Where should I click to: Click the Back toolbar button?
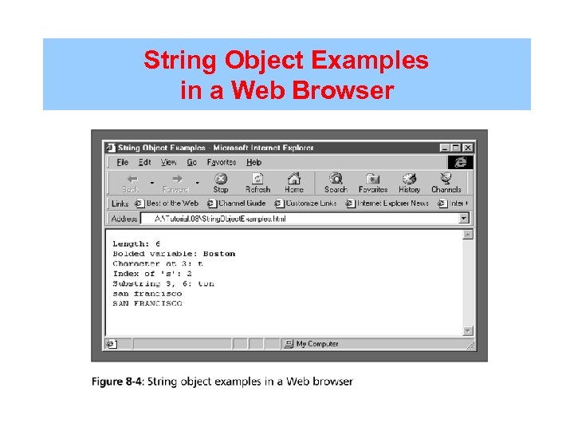click(x=131, y=183)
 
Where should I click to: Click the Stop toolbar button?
click(x=221, y=183)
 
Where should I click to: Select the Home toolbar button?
click(x=294, y=183)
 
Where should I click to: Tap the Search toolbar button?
click(x=336, y=183)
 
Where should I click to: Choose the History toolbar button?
click(x=409, y=183)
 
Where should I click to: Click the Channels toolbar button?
click(x=446, y=183)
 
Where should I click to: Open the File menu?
click(x=123, y=162)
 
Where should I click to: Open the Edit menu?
click(x=144, y=162)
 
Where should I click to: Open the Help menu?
click(x=254, y=162)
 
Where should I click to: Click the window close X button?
click(x=468, y=148)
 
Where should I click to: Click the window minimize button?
click(x=445, y=148)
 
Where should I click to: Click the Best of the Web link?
click(x=171, y=204)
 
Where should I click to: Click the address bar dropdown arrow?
click(x=464, y=218)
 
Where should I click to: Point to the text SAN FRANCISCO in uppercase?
click(x=147, y=303)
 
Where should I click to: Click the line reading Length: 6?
click(x=136, y=243)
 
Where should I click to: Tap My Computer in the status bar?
click(x=316, y=344)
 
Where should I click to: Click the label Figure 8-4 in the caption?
click(x=117, y=382)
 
